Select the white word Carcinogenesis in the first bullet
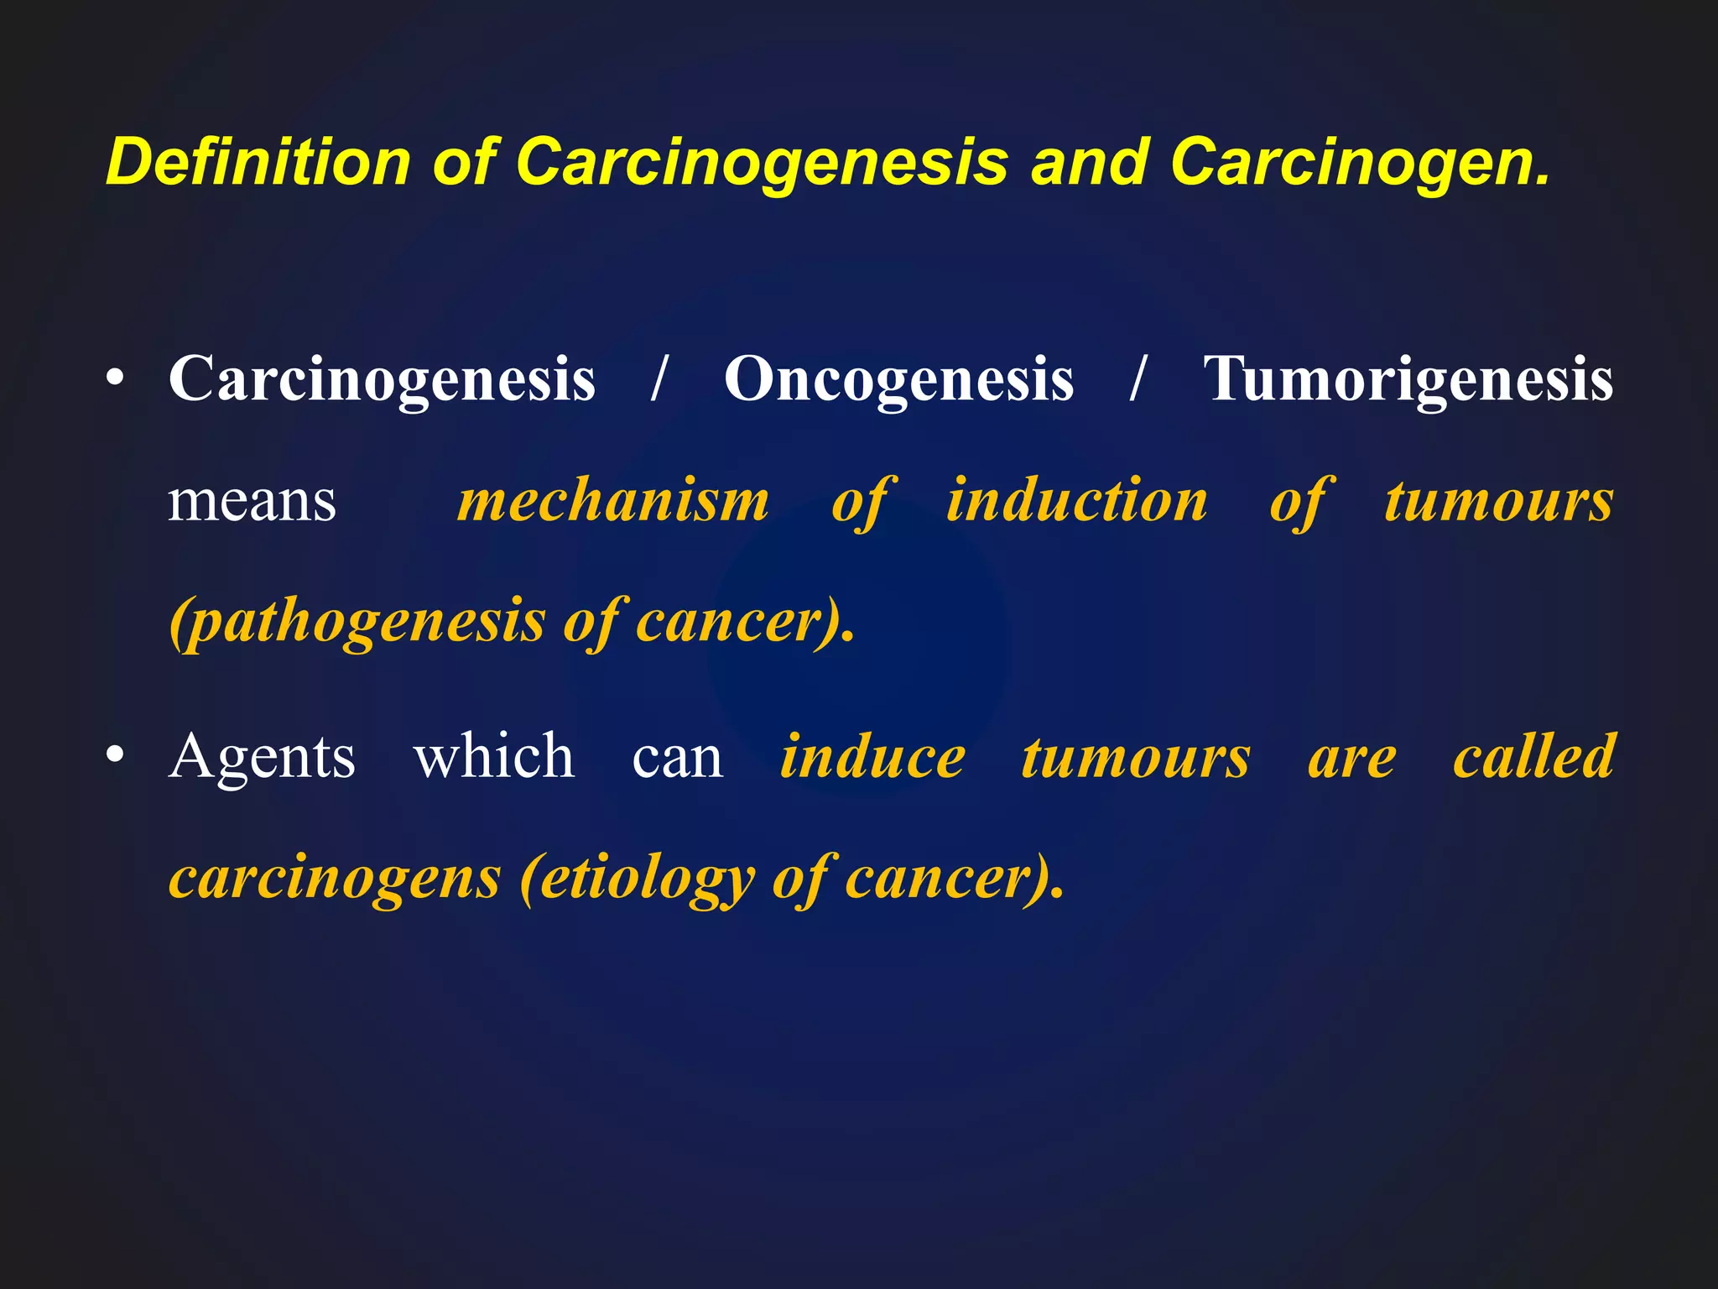(x=382, y=379)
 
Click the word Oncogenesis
(x=898, y=379)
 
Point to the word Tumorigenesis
(x=1408, y=379)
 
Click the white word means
(x=252, y=501)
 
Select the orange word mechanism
(x=613, y=501)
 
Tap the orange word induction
(x=1077, y=501)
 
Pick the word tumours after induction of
(x=1498, y=501)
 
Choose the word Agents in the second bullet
(x=262, y=757)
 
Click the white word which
(x=494, y=757)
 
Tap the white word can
(x=678, y=757)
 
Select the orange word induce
(x=872, y=757)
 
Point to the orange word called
(x=1533, y=757)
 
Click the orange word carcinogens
(x=335, y=879)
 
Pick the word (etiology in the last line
(x=637, y=879)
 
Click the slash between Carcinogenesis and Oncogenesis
(x=659, y=379)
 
